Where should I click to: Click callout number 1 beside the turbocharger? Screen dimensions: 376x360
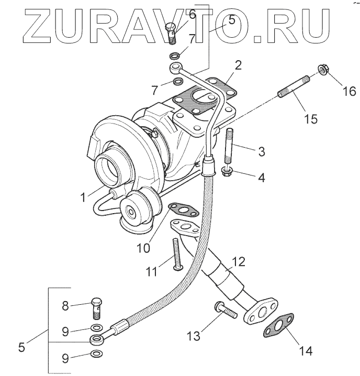[82, 197]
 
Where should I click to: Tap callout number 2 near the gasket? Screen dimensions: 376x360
[238, 65]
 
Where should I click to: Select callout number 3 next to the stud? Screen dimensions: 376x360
[261, 152]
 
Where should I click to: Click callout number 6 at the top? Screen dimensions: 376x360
[192, 14]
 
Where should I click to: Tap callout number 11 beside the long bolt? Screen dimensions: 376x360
[151, 271]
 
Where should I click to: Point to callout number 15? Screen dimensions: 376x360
[310, 119]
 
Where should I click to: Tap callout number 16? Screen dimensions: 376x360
[347, 92]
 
